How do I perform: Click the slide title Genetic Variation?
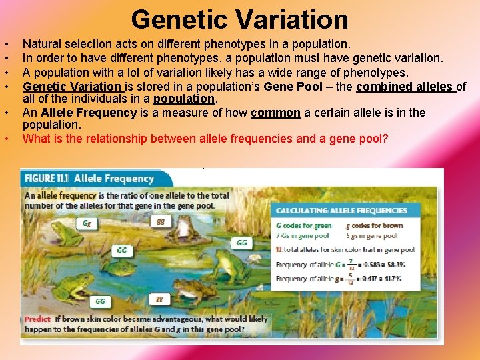click(239, 19)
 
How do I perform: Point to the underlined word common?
click(275, 113)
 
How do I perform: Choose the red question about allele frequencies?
click(205, 139)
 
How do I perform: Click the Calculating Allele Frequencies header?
click(341, 211)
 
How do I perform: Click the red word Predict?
click(37, 319)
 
